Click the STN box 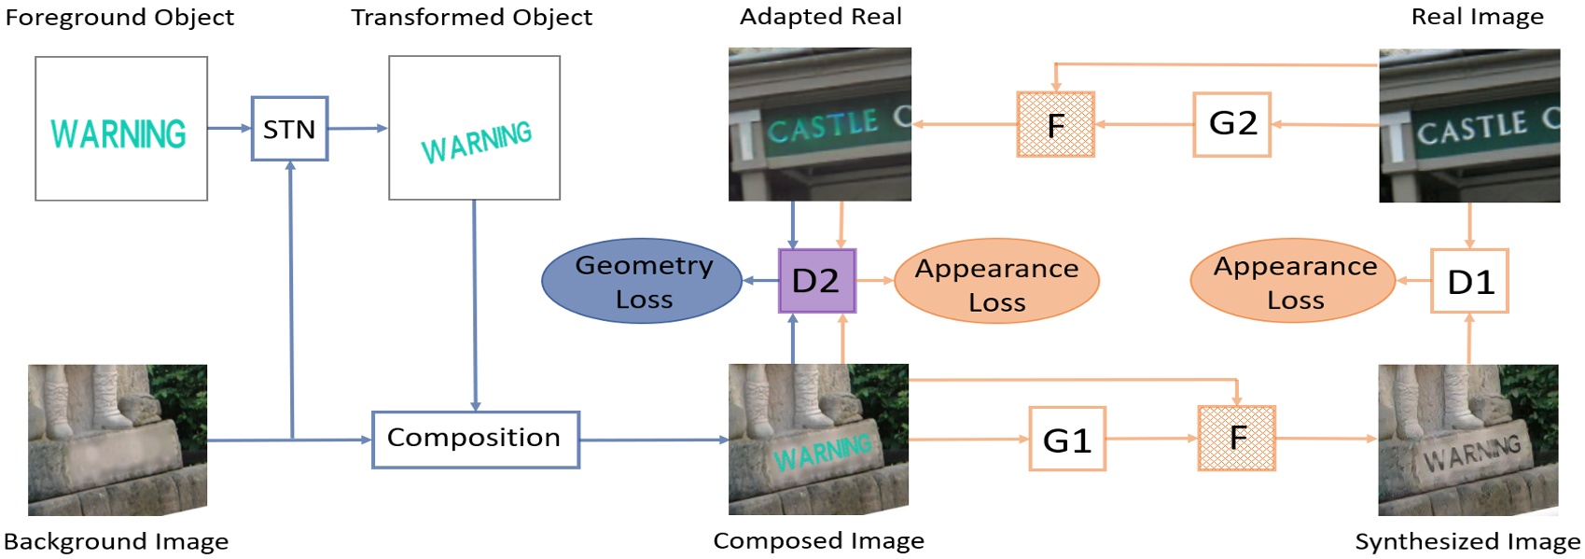click(289, 129)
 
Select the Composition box click(475, 439)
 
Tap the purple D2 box click(816, 281)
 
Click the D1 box click(1469, 281)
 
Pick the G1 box click(1067, 439)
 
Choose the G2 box click(1232, 123)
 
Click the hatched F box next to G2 click(1055, 124)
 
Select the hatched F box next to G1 click(1236, 438)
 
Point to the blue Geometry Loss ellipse click(643, 281)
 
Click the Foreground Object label click(119, 18)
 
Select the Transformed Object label click(471, 18)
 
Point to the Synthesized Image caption click(1467, 541)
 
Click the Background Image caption click(116, 541)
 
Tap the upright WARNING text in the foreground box click(118, 134)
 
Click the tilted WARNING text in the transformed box click(476, 142)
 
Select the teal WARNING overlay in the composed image click(823, 453)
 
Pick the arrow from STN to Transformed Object click(357, 129)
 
